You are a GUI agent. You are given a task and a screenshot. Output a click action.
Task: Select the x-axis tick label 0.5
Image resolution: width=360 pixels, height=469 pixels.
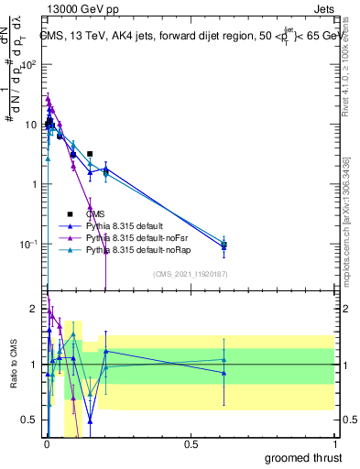(x=191, y=443)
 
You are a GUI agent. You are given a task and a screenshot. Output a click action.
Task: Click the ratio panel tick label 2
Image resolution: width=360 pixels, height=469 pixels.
(x=33, y=309)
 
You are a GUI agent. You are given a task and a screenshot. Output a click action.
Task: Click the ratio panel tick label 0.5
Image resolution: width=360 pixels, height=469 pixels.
(x=29, y=420)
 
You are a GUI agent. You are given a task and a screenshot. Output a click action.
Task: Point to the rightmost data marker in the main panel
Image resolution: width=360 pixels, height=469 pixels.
(x=224, y=245)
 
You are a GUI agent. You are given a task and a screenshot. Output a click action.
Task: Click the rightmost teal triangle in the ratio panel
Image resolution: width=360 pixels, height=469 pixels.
(x=224, y=359)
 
